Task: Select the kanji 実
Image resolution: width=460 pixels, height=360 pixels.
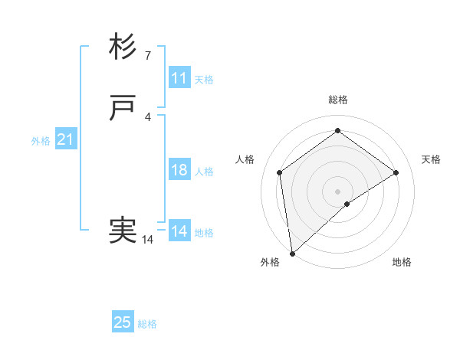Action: click(123, 231)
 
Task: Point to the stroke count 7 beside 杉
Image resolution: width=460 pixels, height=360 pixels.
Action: click(147, 55)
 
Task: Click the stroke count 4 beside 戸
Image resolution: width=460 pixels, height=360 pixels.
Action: click(147, 116)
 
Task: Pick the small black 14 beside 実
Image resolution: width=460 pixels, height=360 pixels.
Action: click(147, 240)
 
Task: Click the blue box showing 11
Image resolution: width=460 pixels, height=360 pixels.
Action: click(179, 78)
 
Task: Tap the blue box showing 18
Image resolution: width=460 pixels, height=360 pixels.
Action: click(179, 170)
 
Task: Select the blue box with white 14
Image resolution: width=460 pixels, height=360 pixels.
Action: click(179, 231)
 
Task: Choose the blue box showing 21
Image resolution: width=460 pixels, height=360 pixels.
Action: click(66, 139)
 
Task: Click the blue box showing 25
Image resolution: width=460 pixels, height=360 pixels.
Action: click(123, 322)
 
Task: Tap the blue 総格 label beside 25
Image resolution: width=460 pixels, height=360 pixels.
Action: click(147, 324)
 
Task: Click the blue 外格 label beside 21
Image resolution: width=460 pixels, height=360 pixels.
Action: click(41, 141)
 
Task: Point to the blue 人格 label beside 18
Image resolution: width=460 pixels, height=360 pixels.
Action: click(204, 172)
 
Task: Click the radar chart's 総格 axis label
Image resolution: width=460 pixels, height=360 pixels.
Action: click(337, 100)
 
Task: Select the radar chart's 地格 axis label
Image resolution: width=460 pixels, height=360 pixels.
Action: click(402, 262)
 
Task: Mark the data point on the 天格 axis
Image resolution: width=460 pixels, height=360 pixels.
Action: click(396, 172)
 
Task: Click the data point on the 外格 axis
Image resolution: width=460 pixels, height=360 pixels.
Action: click(291, 254)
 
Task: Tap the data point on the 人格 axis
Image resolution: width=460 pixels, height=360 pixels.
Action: click(279, 172)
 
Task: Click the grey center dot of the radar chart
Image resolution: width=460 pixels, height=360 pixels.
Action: click(337, 191)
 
